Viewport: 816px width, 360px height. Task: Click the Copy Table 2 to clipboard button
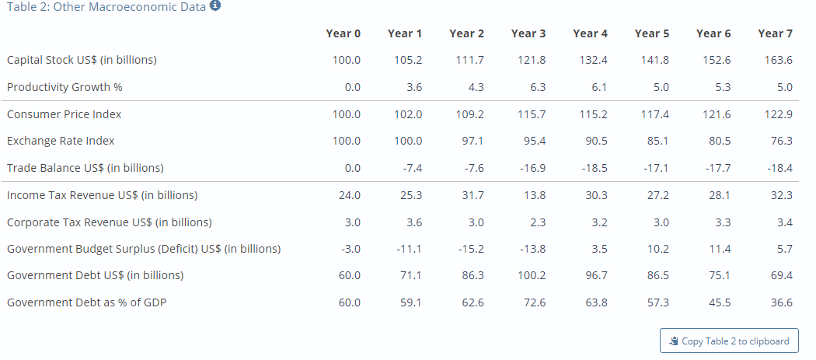(x=729, y=341)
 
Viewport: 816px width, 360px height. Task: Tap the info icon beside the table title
(x=215, y=6)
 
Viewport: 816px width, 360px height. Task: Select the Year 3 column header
(x=528, y=34)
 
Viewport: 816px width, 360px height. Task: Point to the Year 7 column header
(x=776, y=34)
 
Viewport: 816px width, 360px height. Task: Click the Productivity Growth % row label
(x=65, y=87)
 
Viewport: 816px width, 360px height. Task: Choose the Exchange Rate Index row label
(x=61, y=141)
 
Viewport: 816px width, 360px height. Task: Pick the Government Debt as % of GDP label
(x=86, y=302)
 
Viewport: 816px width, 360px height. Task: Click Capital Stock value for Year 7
(x=779, y=60)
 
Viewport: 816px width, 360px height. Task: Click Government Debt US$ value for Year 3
(x=532, y=275)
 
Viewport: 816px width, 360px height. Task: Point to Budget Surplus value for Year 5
(x=657, y=249)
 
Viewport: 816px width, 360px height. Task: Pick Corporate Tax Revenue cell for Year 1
(x=414, y=222)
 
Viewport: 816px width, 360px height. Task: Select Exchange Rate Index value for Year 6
(x=720, y=141)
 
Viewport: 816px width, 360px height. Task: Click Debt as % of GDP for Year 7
(x=782, y=302)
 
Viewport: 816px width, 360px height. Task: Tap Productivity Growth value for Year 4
(x=599, y=87)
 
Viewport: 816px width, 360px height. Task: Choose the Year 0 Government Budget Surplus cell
(x=350, y=249)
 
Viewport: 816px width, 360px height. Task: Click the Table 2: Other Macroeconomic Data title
(x=106, y=7)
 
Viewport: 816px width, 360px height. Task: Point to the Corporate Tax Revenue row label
(x=110, y=222)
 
